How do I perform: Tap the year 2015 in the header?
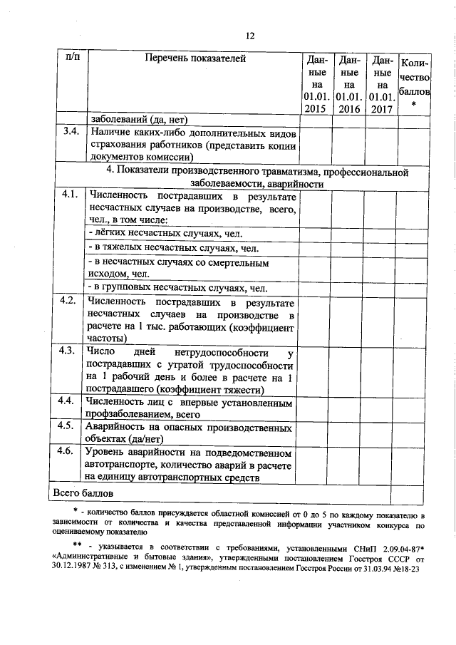315,109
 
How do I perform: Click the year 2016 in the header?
348,109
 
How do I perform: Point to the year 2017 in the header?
382,109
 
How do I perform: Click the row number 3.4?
68,132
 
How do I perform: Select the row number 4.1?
68,195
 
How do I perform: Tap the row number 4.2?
68,300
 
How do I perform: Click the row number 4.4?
68,401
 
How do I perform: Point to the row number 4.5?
68,426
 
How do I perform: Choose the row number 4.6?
68,452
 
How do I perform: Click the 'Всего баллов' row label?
82,492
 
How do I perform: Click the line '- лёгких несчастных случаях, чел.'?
166,233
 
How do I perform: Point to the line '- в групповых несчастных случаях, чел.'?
177,288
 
